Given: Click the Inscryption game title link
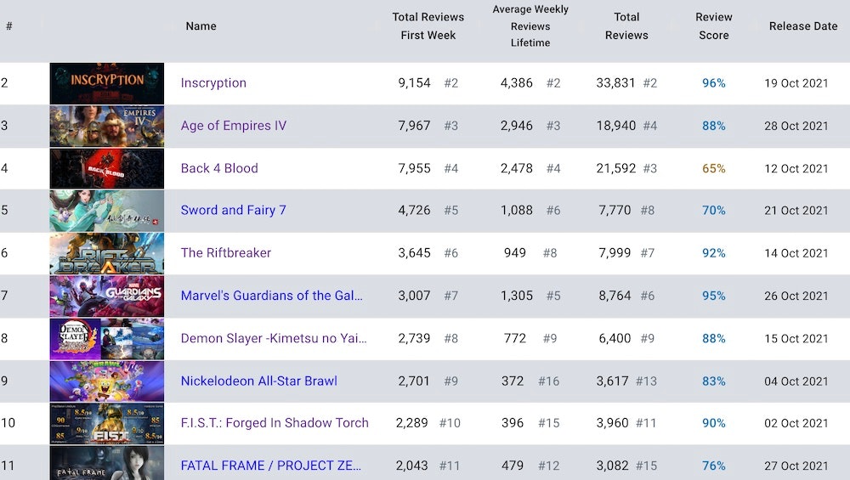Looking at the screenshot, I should tap(213, 83).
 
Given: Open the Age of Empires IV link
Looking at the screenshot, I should tap(234, 126).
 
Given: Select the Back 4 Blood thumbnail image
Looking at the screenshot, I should tap(107, 168).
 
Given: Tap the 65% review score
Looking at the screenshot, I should tap(713, 168).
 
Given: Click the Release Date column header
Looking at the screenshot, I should tap(803, 26).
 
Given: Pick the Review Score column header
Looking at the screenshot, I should tap(714, 26).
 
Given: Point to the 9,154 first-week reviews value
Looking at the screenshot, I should tap(414, 83).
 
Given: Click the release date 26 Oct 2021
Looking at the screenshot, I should tap(796, 296).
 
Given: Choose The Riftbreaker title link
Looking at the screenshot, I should tap(226, 253).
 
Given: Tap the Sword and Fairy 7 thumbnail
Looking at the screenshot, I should tap(107, 211).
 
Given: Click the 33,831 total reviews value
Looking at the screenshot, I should tap(615, 83).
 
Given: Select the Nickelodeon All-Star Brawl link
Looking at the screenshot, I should tap(259, 381).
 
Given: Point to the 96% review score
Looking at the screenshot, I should tap(713, 83).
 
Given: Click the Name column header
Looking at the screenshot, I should tap(201, 26).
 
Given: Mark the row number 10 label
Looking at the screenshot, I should tap(8, 423).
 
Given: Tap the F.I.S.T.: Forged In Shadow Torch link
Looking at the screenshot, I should tap(275, 423).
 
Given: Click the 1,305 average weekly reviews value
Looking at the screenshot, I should tap(517, 296).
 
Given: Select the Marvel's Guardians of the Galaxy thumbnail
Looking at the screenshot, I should tap(107, 296).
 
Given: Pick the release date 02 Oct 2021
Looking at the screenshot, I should tap(796, 423).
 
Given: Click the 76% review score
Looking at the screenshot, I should tap(713, 466).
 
